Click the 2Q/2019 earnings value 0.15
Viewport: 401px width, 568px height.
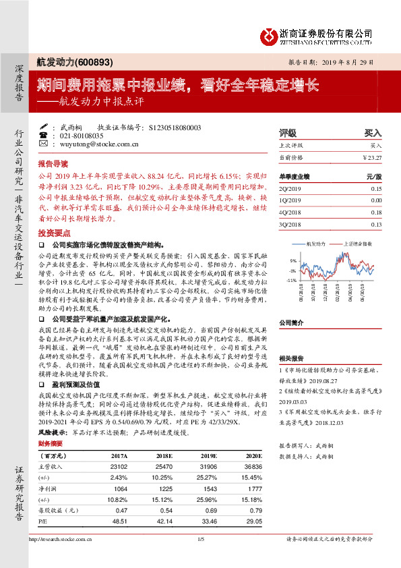(x=375, y=190)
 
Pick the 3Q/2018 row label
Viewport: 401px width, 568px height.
(x=290, y=224)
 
